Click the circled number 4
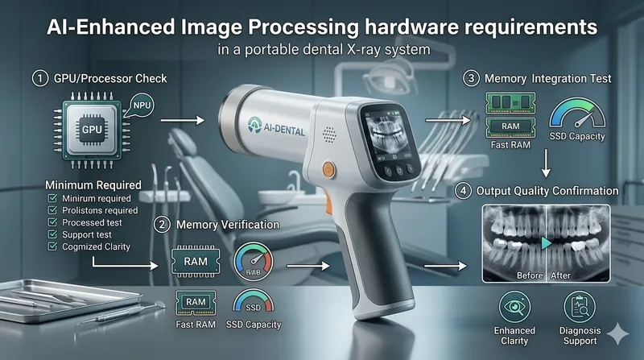click(462, 191)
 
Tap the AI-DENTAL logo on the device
click(272, 130)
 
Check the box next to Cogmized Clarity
click(52, 246)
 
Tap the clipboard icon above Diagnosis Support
click(579, 307)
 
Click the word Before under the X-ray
click(527, 275)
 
